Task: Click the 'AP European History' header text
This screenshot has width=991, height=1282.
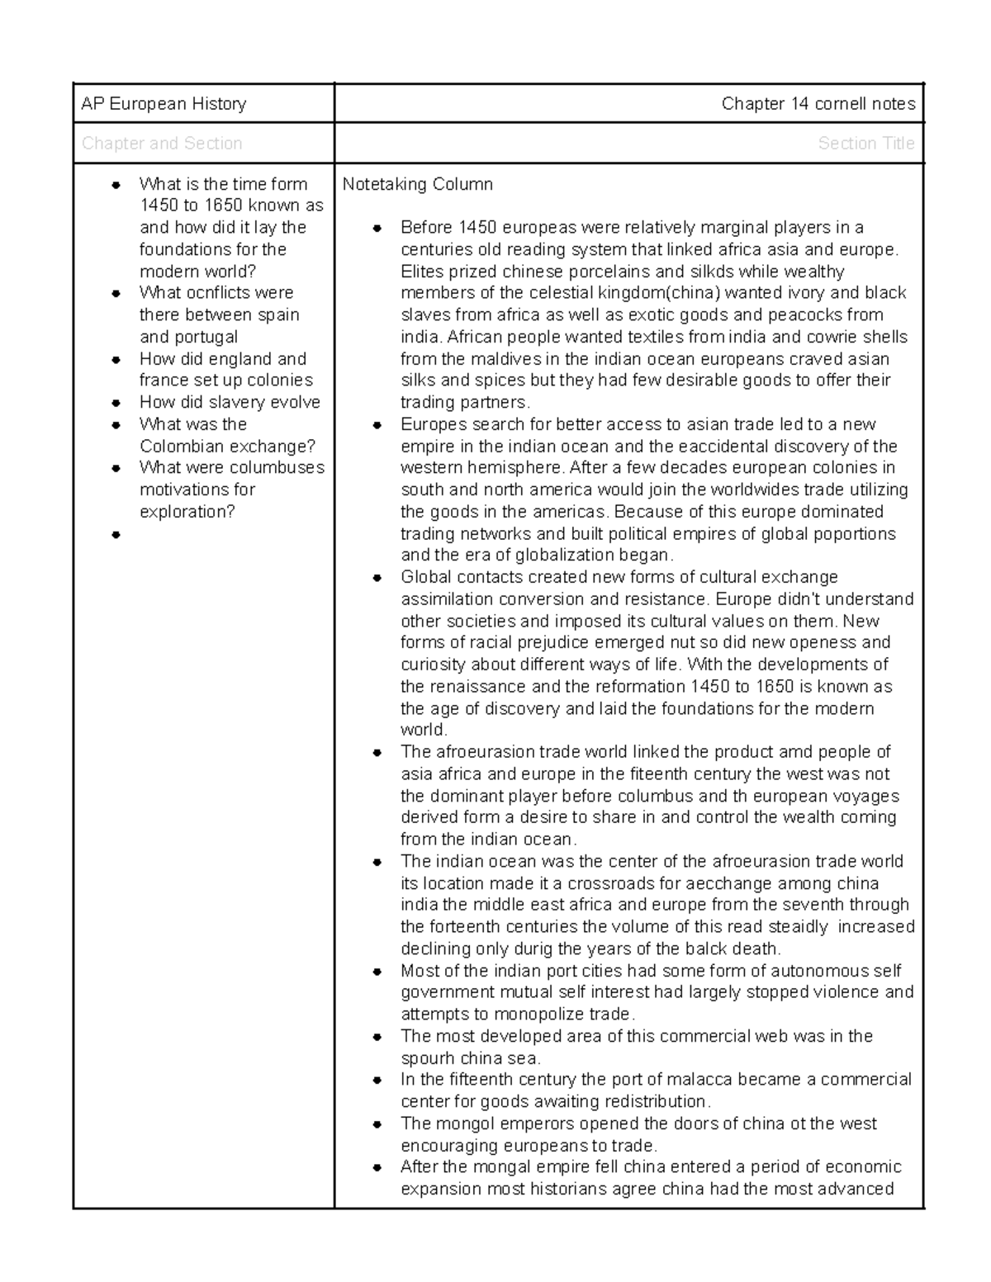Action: click(164, 104)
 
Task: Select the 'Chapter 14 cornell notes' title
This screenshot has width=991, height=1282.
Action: click(818, 104)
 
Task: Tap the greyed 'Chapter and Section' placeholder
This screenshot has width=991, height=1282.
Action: click(162, 144)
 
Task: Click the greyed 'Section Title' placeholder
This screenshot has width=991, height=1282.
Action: click(865, 144)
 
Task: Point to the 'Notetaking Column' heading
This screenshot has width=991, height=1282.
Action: click(418, 184)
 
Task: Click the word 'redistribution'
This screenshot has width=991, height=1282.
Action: click(657, 1102)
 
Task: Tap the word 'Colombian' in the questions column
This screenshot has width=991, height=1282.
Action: click(178, 447)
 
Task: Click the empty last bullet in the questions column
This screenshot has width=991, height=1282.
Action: click(116, 534)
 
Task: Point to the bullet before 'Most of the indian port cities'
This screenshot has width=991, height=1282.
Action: click(377, 972)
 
